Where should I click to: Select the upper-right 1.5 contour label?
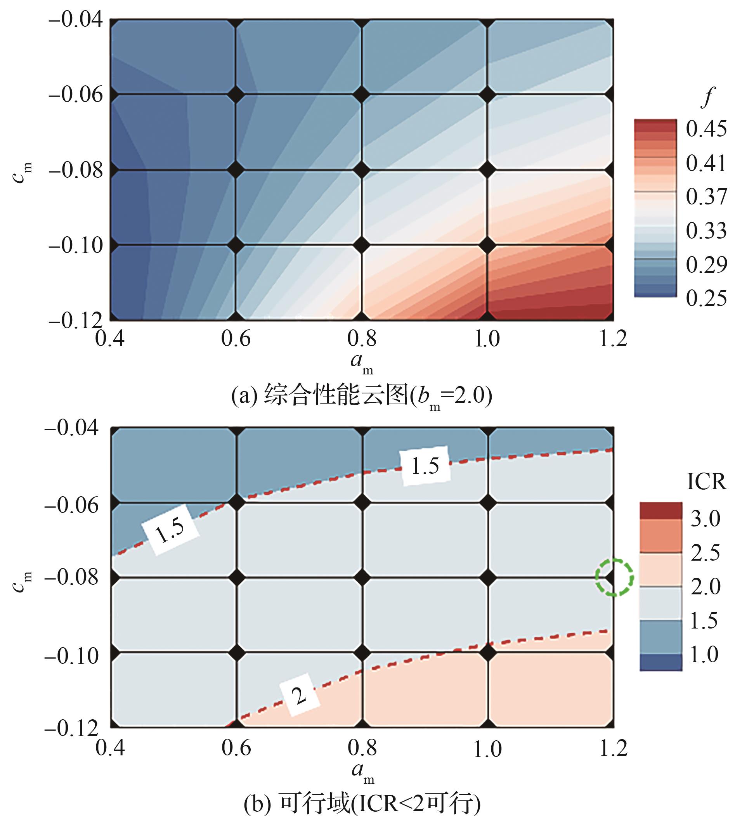pos(425,466)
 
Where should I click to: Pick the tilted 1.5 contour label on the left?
pos(170,529)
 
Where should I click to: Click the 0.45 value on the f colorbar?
pos(706,129)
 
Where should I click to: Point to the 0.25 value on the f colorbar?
pos(706,298)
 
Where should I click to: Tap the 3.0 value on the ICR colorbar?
pos(705,518)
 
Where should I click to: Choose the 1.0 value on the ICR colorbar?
pos(704,654)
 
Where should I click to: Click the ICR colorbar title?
pos(706,482)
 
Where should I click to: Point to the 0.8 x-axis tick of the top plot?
pos(361,339)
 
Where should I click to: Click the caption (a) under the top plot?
pos(361,396)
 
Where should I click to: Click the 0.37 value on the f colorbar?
pos(706,197)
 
